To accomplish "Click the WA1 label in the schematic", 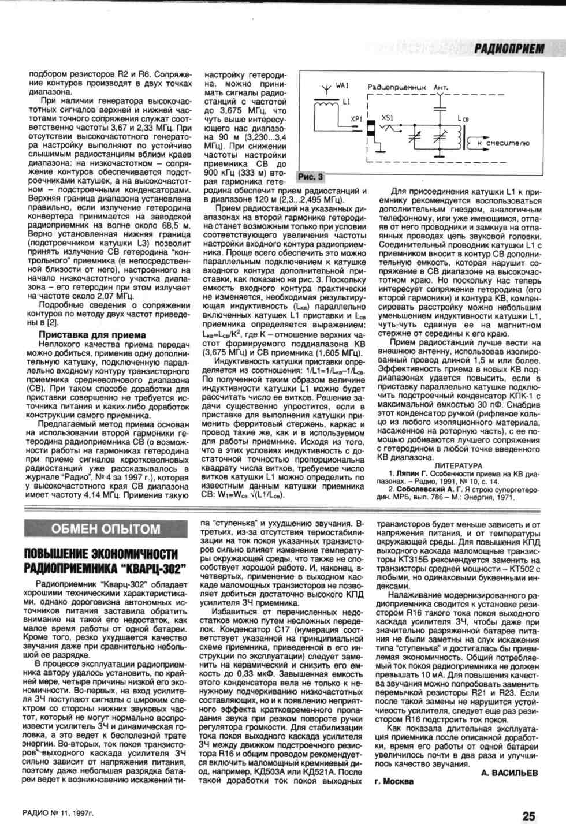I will (x=342, y=85).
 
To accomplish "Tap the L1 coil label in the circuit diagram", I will (x=346, y=102).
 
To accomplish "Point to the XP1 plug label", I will (x=356, y=118).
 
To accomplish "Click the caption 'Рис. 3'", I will (x=311, y=177).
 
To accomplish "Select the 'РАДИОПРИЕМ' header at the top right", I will (x=509, y=49).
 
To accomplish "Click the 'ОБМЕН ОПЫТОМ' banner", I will (x=105, y=529).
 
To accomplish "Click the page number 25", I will (x=528, y=815).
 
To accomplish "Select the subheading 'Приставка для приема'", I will (x=92, y=335).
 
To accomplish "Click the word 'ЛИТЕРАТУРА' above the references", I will (x=458, y=465).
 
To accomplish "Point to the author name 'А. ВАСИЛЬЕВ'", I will (x=509, y=773).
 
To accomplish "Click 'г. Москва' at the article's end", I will (x=394, y=782).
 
